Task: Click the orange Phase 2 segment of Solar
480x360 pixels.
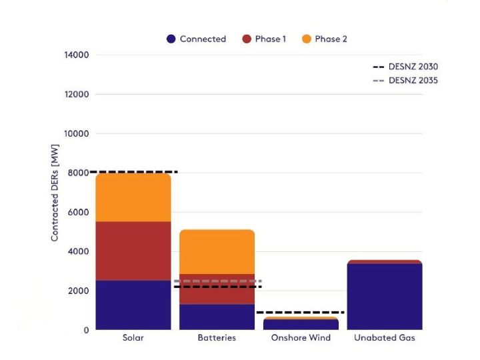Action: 133,197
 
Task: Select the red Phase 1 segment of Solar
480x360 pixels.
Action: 133,251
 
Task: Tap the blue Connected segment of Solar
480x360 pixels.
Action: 133,305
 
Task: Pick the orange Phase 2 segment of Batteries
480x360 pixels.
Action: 217,252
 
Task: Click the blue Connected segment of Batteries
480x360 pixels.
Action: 217,317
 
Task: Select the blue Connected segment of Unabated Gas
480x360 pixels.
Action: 385,297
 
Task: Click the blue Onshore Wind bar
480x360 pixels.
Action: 301,325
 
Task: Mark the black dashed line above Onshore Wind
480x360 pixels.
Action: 301,312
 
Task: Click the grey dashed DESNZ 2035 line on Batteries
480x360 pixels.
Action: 217,281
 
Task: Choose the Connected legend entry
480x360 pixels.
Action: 197,39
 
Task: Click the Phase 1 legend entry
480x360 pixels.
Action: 265,39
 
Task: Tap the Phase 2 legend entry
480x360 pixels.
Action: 325,39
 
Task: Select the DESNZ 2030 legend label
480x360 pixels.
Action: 413,67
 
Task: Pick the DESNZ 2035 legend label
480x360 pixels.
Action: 413,81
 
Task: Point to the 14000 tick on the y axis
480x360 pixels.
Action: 77,55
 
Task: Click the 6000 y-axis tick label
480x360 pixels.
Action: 79,212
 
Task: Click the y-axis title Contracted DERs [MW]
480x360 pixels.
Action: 55,193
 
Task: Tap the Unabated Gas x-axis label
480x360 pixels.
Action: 385,338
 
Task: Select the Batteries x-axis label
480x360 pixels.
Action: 217,338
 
